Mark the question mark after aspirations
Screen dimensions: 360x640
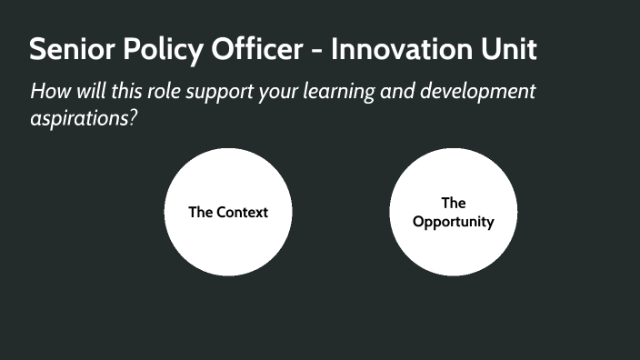coord(132,119)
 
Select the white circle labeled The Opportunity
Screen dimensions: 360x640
coord(454,250)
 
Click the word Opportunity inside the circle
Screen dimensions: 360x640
coord(454,222)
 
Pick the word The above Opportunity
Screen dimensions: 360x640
coord(454,203)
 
